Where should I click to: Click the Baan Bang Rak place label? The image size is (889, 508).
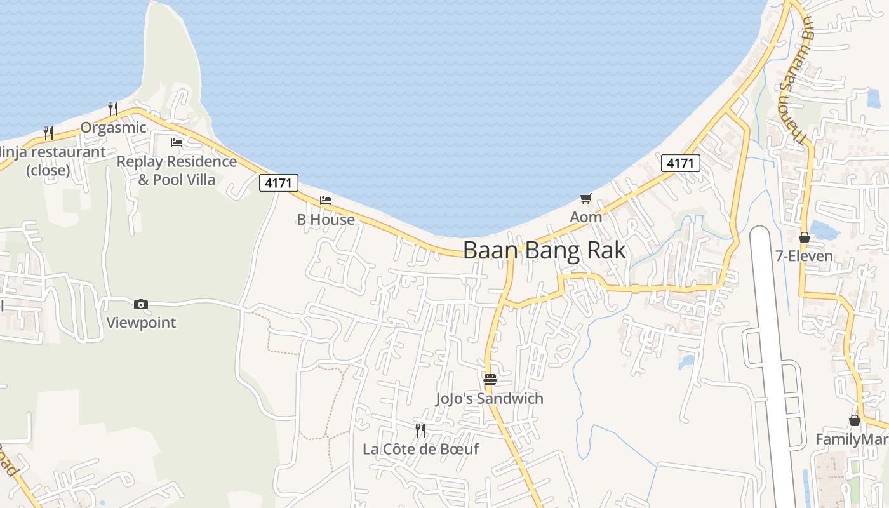[x=544, y=250]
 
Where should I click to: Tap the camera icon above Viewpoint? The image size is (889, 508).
[x=141, y=305]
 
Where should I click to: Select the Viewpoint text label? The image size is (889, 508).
[x=141, y=323]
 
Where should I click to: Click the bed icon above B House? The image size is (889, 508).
[x=326, y=201]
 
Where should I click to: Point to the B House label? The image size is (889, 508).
[x=326, y=220]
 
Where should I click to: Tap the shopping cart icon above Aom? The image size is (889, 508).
[x=585, y=198]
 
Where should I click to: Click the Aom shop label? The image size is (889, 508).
[x=585, y=217]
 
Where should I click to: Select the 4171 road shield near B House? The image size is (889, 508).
[x=279, y=184]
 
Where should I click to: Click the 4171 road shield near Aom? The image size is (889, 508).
[x=680, y=163]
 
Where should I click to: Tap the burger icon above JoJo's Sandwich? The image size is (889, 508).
[x=490, y=380]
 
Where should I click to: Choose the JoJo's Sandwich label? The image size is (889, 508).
[x=490, y=399]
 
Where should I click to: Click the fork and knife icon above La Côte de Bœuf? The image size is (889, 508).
[x=420, y=431]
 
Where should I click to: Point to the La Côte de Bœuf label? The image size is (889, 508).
[x=420, y=449]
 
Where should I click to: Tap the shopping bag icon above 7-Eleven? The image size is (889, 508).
[x=805, y=238]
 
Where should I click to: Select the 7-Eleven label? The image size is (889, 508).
[x=804, y=257]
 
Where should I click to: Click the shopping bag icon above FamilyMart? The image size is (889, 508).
[x=855, y=420]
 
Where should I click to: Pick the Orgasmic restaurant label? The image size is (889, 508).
[x=113, y=128]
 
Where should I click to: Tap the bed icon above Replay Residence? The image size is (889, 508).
[x=177, y=143]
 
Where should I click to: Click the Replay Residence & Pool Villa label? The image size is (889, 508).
[x=177, y=170]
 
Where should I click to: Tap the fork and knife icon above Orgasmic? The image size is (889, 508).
[x=113, y=109]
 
